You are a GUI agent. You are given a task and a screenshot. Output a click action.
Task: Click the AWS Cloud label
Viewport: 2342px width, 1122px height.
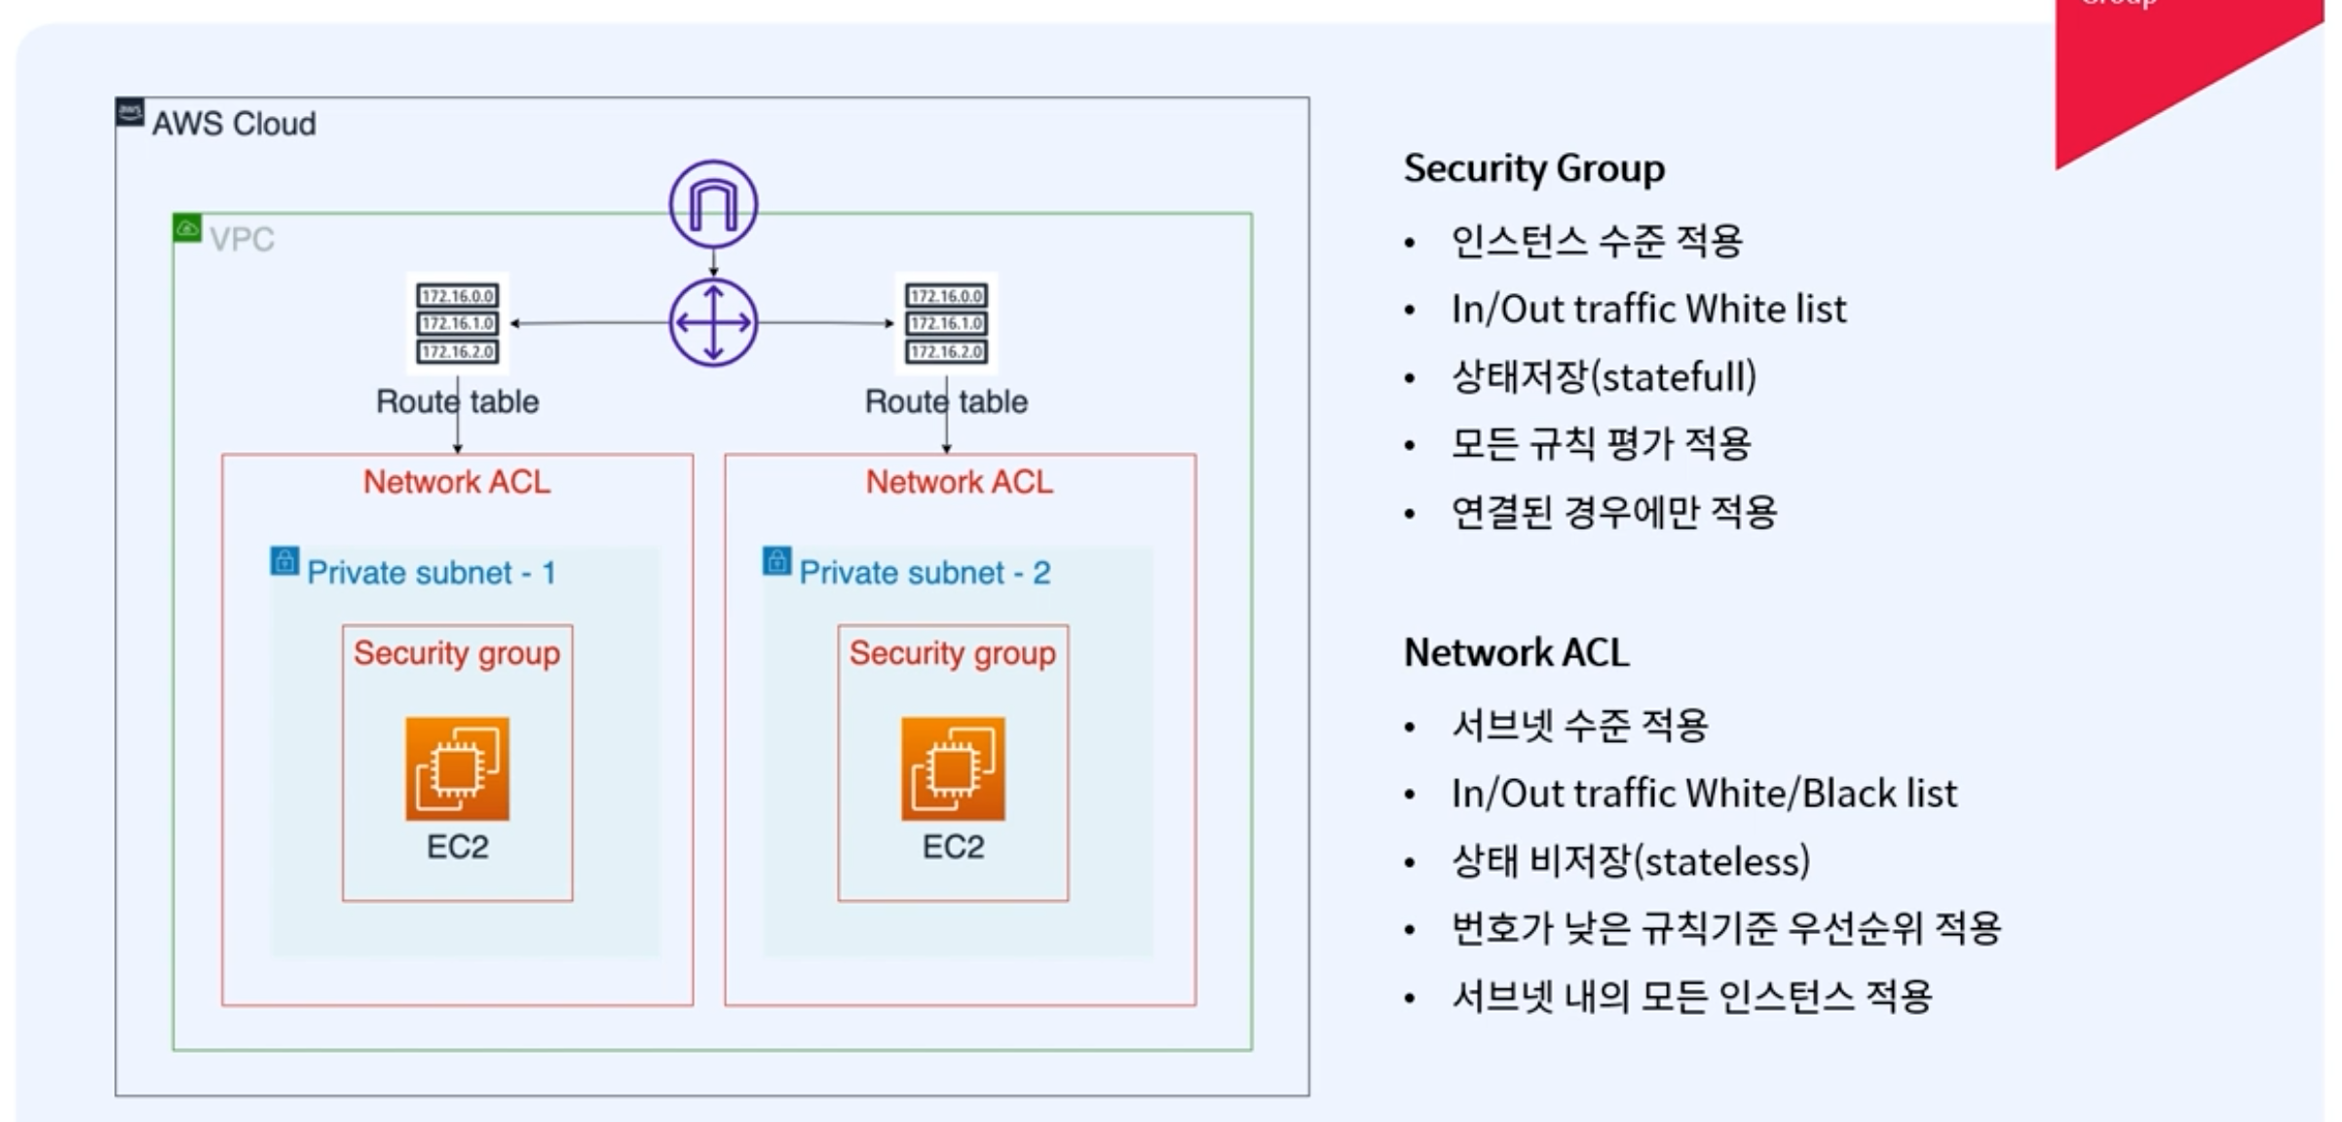(x=234, y=124)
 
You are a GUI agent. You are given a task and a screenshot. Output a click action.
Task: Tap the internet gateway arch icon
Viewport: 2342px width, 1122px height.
(x=713, y=205)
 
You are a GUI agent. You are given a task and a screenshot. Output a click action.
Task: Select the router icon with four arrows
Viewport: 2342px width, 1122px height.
(x=713, y=322)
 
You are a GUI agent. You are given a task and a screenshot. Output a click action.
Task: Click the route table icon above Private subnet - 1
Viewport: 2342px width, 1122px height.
(x=457, y=323)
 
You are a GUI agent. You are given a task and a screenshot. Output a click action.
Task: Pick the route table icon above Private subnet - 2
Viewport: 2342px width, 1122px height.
(x=946, y=323)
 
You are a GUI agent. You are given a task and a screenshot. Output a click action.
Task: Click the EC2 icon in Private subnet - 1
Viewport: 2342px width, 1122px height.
(x=457, y=768)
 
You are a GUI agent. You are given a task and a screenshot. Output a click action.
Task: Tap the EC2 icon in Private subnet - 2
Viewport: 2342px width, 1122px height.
(x=953, y=768)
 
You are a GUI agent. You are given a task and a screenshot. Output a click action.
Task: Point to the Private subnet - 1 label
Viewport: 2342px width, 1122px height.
(x=431, y=573)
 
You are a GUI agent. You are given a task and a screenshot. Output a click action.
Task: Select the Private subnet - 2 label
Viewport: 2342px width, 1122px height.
(x=925, y=573)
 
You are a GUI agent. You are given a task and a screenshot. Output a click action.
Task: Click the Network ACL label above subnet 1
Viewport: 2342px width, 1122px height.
(x=457, y=482)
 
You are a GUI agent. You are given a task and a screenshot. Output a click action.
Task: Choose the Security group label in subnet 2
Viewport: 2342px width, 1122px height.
(x=952, y=654)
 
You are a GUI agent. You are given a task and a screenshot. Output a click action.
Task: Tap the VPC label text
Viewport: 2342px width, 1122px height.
(x=242, y=240)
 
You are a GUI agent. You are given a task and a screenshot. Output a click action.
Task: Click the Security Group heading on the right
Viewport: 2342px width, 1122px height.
(x=1533, y=168)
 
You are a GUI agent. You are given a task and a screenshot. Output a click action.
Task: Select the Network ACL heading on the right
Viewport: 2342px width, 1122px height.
(x=1516, y=653)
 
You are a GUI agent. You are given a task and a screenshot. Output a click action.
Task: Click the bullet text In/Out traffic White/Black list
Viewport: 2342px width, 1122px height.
(x=1703, y=794)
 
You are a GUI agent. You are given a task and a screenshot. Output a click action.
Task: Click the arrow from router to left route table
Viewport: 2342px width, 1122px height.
(x=589, y=322)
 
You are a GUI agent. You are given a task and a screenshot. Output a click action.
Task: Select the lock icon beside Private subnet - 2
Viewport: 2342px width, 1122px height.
(x=776, y=561)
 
